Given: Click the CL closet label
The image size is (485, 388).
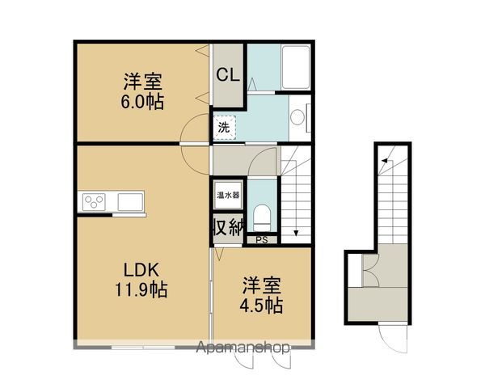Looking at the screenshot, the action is tap(228, 74).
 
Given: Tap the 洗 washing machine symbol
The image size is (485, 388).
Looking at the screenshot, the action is tap(224, 128).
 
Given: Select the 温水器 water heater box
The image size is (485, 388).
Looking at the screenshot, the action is tap(228, 196).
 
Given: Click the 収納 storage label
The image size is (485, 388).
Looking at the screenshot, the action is tap(228, 228).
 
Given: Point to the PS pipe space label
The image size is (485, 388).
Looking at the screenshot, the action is tap(262, 240).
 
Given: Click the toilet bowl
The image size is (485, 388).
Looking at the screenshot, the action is tap(262, 217).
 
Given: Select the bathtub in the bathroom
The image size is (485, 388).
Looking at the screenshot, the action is tap(296, 67).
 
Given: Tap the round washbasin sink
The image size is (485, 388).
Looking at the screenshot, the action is tap(297, 117).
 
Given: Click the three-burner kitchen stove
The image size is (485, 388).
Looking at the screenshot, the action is tap(94, 202).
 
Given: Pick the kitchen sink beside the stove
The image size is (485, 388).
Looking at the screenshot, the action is tap(130, 202).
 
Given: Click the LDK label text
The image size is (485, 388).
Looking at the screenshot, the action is tap(141, 270).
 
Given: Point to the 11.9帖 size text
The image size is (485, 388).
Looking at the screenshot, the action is tap(141, 289).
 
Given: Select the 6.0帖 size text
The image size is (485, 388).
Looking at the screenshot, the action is tap(142, 102).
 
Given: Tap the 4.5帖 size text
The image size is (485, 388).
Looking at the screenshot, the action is tap(261, 305).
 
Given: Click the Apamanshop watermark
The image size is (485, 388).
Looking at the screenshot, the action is tap(242, 347).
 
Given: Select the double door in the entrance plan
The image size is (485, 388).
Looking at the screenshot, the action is tap(370, 270).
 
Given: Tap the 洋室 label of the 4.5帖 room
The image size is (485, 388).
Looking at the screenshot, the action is tap(261, 285).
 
